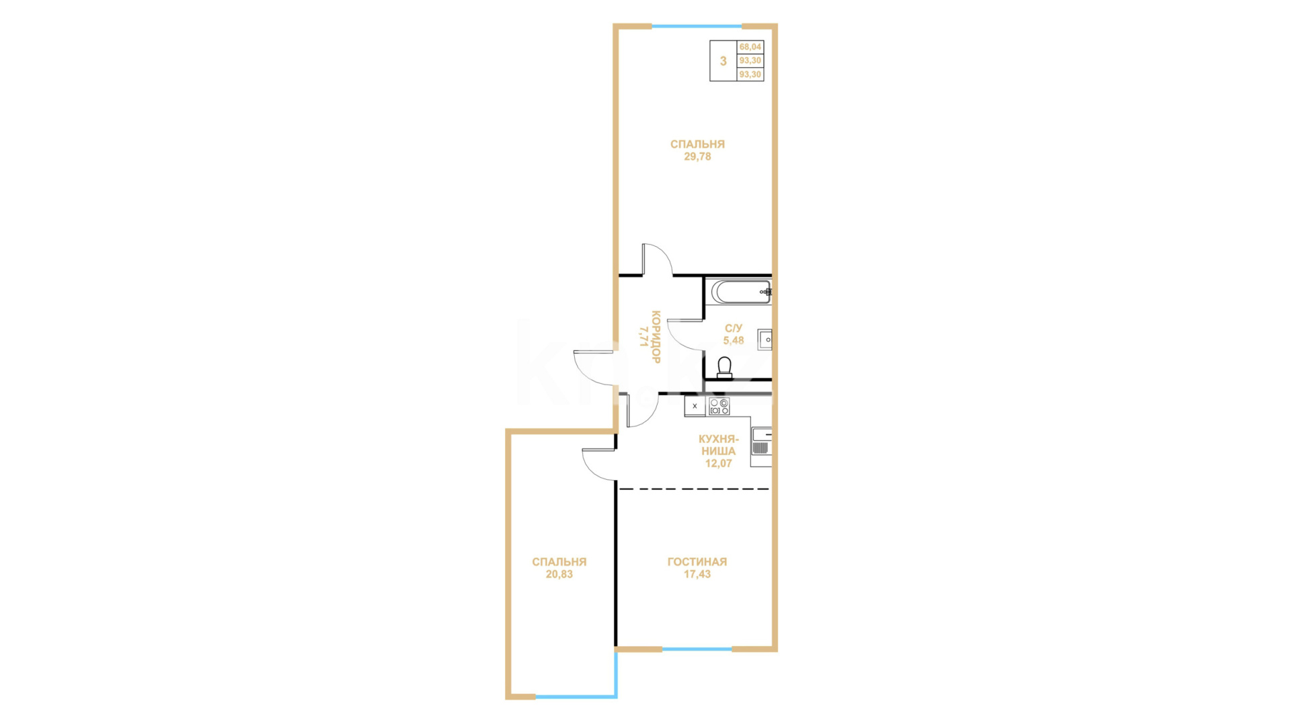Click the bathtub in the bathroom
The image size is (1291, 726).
coord(741,292)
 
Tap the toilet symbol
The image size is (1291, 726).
coord(724,368)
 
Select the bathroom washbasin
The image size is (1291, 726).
coord(765,339)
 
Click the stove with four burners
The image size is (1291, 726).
coord(719,406)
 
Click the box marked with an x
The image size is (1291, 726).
coord(695,406)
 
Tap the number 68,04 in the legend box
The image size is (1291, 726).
coord(750,47)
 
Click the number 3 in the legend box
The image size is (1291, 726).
coord(723,61)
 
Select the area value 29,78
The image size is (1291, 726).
coord(697,157)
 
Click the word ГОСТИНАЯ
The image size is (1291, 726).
coord(697,562)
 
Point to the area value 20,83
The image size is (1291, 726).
coord(559,575)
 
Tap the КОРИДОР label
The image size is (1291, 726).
coord(656,337)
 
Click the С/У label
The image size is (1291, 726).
coord(733,328)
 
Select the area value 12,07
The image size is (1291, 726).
coord(718,463)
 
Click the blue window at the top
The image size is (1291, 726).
coord(697,26)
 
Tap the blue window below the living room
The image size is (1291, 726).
coord(697,649)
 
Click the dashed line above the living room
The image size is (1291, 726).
coord(694,489)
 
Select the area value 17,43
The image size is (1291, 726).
coord(697,574)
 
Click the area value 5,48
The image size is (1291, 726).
coord(733,340)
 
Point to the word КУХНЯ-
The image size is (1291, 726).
coord(718,439)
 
